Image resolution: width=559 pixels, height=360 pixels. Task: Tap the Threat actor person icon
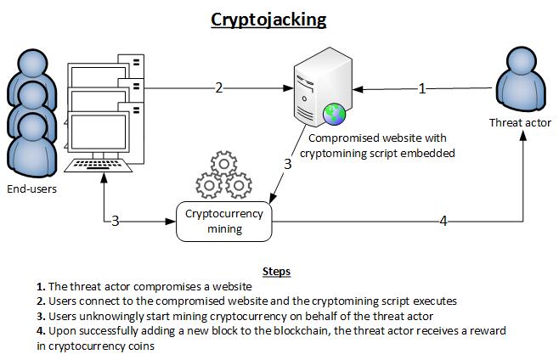519,86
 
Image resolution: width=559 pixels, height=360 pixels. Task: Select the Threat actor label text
520,123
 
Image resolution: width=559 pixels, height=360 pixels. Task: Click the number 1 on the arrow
422,87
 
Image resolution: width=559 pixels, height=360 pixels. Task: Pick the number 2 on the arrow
219,87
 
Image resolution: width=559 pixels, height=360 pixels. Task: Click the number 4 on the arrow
443,222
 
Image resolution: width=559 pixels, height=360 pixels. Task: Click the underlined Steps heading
277,272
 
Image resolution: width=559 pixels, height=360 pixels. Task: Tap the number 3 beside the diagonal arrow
289,165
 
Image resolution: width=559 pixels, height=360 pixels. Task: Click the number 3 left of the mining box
116,222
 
